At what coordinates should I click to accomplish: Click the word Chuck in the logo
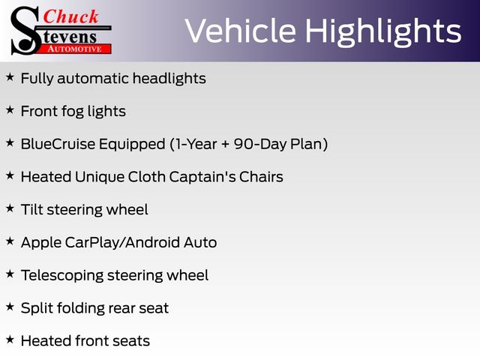pos(70,16)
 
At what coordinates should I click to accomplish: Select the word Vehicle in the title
pos(241,31)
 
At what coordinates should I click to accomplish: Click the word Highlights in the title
pos(383,32)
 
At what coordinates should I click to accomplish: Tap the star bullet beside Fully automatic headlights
pos(10,77)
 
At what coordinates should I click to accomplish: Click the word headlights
pos(169,79)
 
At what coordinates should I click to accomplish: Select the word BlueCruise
pos(58,144)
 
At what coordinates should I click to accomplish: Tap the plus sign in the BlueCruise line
pos(225,145)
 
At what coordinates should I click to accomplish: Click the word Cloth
pos(147,177)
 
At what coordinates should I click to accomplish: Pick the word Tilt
pos(31,210)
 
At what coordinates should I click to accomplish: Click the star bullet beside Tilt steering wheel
pos(10,208)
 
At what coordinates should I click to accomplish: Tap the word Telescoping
pos(62,275)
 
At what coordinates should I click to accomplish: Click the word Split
pos(37,308)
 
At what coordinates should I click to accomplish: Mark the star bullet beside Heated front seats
pos(10,340)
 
